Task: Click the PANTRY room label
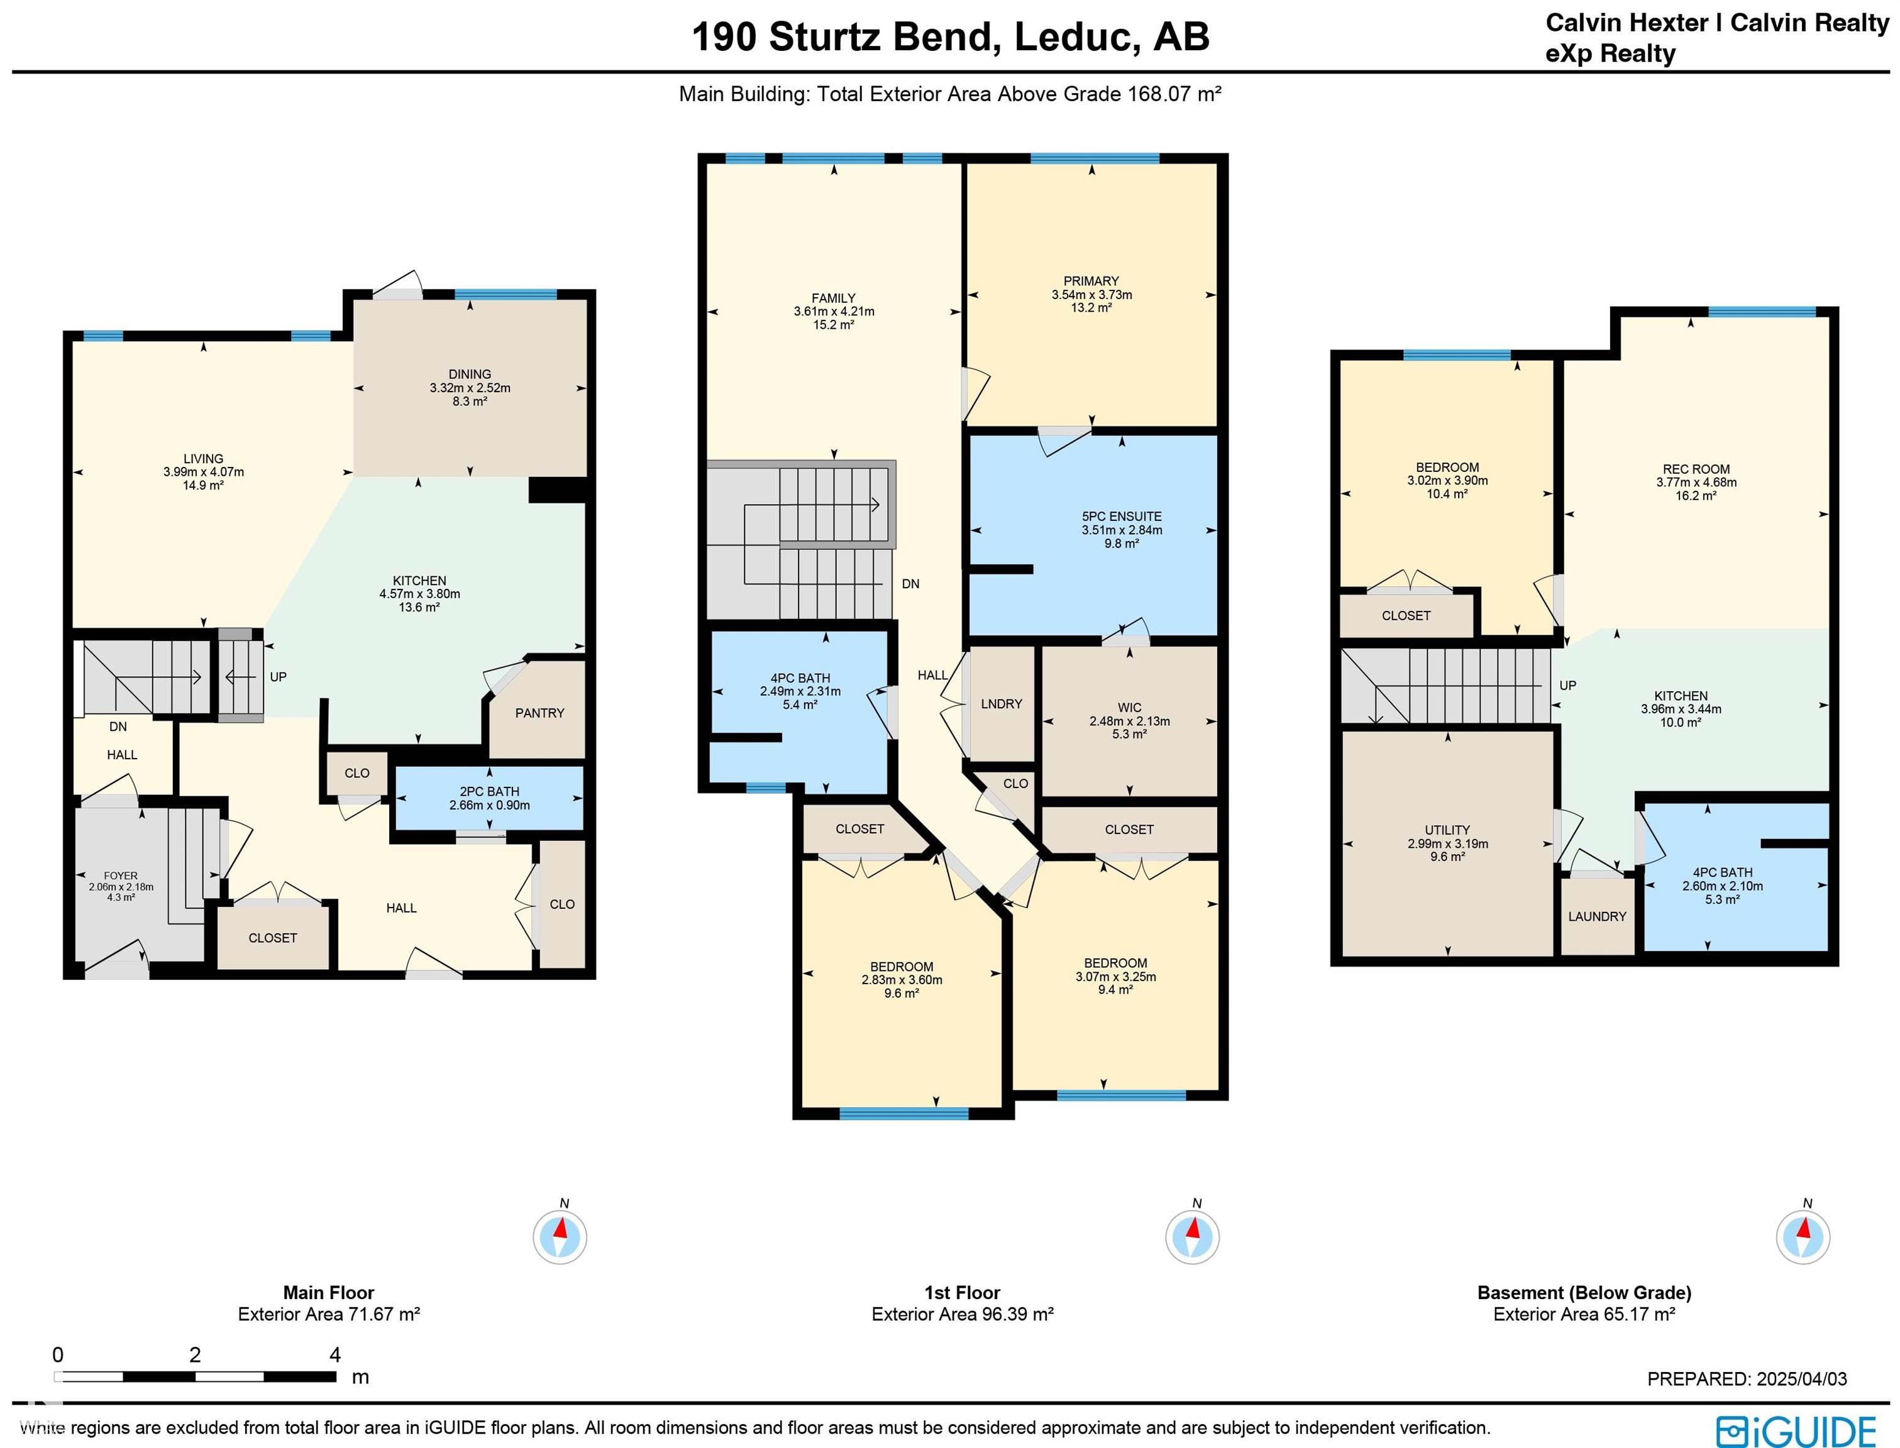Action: [539, 713]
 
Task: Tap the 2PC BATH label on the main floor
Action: [490, 791]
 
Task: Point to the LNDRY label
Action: [1001, 704]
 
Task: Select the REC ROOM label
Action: [1696, 469]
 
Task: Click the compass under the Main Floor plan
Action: [560, 1237]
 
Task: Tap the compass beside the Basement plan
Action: [1803, 1237]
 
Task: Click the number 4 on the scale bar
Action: [334, 1354]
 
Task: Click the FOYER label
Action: [121, 875]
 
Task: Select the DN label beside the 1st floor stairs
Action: [910, 583]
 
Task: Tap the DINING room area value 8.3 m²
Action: [470, 402]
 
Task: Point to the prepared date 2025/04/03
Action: [1798, 1379]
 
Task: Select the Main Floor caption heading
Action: [328, 1292]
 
